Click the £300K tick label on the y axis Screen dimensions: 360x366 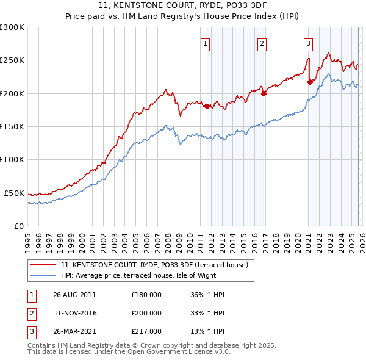[x=12, y=27]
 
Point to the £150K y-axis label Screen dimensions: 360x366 [x=12, y=126]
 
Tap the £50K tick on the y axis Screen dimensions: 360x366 [x=14, y=193]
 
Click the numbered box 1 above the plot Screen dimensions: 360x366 [x=205, y=43]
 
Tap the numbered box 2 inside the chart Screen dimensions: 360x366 [x=262, y=43]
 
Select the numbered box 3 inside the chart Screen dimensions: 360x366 [x=308, y=43]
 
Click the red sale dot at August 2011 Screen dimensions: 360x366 [x=207, y=106]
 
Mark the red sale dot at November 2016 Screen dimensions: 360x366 [x=264, y=93]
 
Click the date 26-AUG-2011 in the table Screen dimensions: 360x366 [x=74, y=295]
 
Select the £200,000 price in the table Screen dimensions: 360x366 [x=146, y=313]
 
